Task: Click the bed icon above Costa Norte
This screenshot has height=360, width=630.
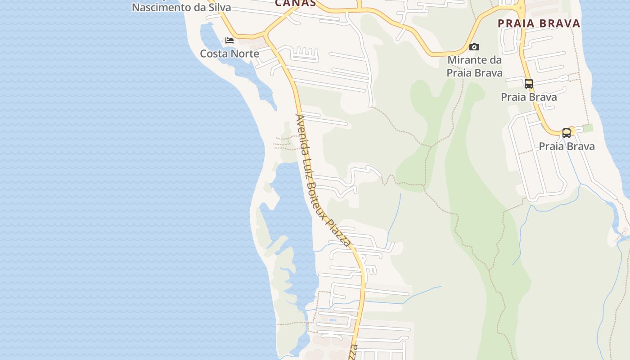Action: pyautogui.click(x=229, y=40)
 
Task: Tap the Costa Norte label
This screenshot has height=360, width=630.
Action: pyautogui.click(x=229, y=54)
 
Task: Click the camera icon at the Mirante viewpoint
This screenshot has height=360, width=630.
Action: pyautogui.click(x=474, y=47)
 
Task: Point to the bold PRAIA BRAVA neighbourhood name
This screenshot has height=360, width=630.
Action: pyautogui.click(x=539, y=23)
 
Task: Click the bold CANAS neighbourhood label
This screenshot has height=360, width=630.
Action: pyautogui.click(x=295, y=3)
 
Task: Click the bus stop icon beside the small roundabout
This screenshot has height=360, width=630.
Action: pyautogui.click(x=566, y=133)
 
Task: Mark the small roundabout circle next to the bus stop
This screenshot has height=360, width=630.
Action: pyautogui.click(x=572, y=131)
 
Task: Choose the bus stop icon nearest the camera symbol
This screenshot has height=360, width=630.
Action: pyautogui.click(x=528, y=84)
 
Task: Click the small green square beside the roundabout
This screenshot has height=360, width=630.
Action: pyautogui.click(x=588, y=128)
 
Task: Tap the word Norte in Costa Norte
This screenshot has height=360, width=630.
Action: pyautogui.click(x=245, y=54)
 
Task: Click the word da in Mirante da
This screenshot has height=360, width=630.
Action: pyautogui.click(x=496, y=60)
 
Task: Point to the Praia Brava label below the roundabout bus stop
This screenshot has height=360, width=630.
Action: pyautogui.click(x=567, y=146)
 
